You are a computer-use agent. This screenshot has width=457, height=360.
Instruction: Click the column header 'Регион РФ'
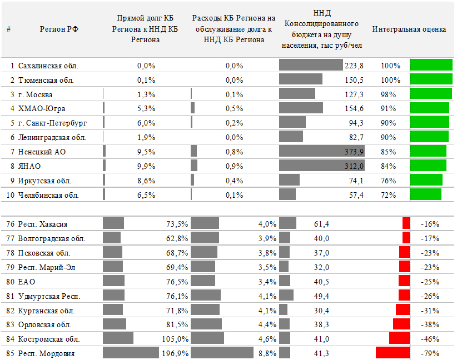point(59,29)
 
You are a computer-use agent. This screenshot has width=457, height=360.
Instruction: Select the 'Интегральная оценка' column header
point(409,29)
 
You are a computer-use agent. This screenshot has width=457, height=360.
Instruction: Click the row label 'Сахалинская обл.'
point(48,66)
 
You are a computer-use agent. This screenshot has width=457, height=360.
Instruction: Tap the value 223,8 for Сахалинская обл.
point(354,66)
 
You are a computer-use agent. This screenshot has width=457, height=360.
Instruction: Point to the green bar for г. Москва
point(431,94)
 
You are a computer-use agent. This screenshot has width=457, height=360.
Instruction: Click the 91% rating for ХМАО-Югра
point(388,109)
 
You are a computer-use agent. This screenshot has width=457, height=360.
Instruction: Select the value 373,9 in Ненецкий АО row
point(354,152)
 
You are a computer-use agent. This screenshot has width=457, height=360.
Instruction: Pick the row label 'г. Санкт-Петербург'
point(52,123)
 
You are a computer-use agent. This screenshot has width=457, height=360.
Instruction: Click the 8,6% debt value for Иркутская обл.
point(146,181)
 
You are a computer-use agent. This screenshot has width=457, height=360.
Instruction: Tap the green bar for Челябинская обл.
point(425,194)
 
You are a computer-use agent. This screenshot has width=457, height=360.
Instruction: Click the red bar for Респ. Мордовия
point(393,352)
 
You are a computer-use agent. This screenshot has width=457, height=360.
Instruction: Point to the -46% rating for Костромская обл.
point(430,339)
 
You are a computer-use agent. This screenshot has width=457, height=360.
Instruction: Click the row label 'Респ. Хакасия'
point(43,224)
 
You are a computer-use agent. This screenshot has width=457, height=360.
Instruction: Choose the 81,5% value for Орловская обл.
point(177,325)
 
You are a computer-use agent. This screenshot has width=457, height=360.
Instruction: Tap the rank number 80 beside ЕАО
point(10,282)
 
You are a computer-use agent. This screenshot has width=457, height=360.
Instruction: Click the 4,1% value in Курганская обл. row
point(267,311)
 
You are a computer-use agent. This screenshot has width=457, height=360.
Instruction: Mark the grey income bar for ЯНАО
point(322,166)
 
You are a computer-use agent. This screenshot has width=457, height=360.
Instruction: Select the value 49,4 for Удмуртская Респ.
point(321,296)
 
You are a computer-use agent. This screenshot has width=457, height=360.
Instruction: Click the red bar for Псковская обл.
point(405,252)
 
